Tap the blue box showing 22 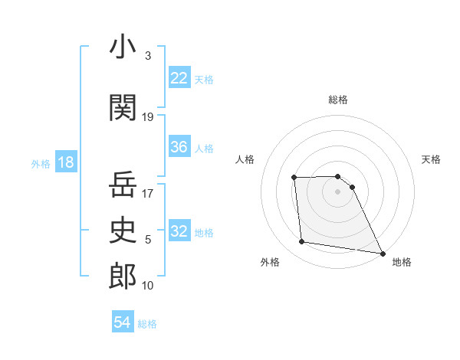coord(179,78)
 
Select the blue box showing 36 coord(179,147)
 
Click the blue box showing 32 coord(179,231)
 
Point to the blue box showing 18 coord(65,163)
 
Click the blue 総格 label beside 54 coord(147,324)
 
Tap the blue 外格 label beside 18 coord(41,164)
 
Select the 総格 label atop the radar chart coord(338,100)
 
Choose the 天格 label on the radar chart coord(431,159)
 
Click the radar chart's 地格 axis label coord(402,263)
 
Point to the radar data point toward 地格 coord(382,254)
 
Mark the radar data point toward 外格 coord(302,242)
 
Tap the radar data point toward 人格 coord(294,178)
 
